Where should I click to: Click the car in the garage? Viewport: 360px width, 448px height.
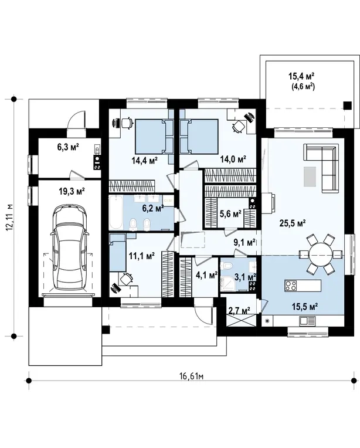[x=69, y=247]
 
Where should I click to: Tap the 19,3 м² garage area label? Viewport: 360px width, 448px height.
[x=72, y=191]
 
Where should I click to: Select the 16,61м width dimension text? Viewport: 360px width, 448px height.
[x=191, y=376]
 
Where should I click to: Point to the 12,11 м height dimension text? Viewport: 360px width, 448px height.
[x=10, y=218]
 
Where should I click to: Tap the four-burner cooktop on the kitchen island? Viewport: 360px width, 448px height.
[x=291, y=286]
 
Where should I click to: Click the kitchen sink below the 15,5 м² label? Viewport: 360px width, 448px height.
[x=307, y=321]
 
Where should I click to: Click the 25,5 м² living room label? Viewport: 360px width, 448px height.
[x=293, y=223]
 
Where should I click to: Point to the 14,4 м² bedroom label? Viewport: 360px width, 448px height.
[x=145, y=161]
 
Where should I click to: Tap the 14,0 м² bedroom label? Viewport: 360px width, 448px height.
[x=233, y=159]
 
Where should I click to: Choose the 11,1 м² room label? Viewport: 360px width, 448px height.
[x=142, y=255]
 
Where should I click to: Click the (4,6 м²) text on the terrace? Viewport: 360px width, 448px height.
[x=303, y=86]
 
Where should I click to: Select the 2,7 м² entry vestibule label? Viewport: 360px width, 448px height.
[x=239, y=310]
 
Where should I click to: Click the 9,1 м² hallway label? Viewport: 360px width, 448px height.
[x=244, y=243]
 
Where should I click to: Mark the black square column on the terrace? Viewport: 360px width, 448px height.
[x=347, y=106]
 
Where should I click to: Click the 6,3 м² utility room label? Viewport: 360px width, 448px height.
[x=68, y=147]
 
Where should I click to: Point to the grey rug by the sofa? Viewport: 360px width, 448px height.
[x=310, y=177]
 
